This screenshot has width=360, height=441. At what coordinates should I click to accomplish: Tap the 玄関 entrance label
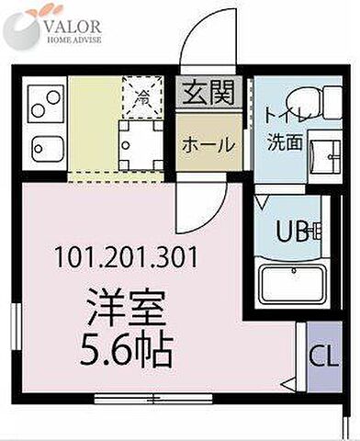click(x=209, y=93)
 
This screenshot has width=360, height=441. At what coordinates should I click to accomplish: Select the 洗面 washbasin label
click(x=286, y=143)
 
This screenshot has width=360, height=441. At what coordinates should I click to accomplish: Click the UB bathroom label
click(x=293, y=232)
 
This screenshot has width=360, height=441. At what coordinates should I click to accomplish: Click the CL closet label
click(x=321, y=353)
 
